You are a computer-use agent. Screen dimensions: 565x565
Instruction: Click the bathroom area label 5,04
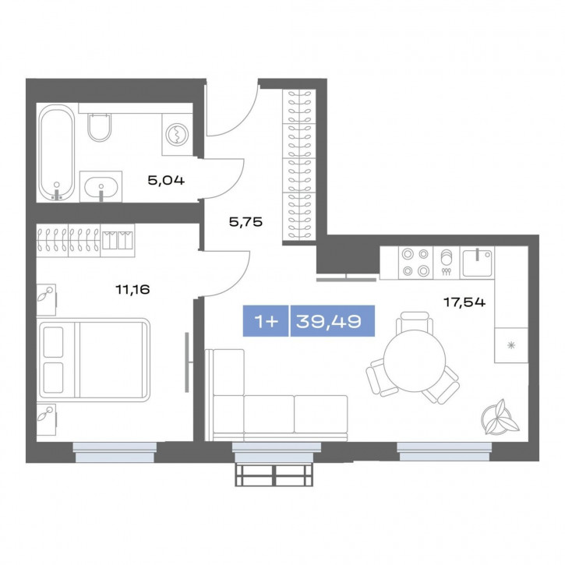pyautogui.click(x=166, y=180)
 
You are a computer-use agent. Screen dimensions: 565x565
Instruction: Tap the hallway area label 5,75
pyautogui.click(x=245, y=222)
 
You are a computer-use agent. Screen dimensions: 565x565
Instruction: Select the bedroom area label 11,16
pyautogui.click(x=132, y=289)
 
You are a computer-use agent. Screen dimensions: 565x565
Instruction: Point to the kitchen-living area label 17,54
pyautogui.click(x=464, y=302)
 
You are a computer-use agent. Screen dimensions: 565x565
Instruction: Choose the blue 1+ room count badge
pyautogui.click(x=266, y=321)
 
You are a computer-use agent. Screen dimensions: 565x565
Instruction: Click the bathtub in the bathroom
pyautogui.click(x=56, y=153)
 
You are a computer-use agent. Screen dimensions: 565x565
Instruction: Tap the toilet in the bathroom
pyautogui.click(x=99, y=127)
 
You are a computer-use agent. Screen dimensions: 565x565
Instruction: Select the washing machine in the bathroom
pyautogui.click(x=177, y=134)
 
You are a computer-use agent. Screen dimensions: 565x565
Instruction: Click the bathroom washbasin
pyautogui.click(x=101, y=187)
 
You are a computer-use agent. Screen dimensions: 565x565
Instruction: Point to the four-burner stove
pyautogui.click(x=415, y=263)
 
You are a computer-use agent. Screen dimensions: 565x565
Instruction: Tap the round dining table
pyautogui.click(x=415, y=361)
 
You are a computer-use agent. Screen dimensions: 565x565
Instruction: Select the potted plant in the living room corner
pyautogui.click(x=500, y=417)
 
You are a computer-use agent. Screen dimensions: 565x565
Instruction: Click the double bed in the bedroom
pyautogui.click(x=94, y=360)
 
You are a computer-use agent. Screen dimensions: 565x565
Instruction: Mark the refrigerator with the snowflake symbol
pyautogui.click(x=511, y=345)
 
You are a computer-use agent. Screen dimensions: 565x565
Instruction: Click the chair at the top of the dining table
pyautogui.click(x=415, y=322)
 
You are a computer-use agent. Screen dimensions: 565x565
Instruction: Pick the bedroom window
pyautogui.click(x=115, y=452)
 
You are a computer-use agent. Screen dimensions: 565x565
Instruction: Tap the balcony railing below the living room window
pyautogui.click(x=274, y=475)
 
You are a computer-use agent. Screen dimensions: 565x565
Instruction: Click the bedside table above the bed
pyautogui.click(x=47, y=300)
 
